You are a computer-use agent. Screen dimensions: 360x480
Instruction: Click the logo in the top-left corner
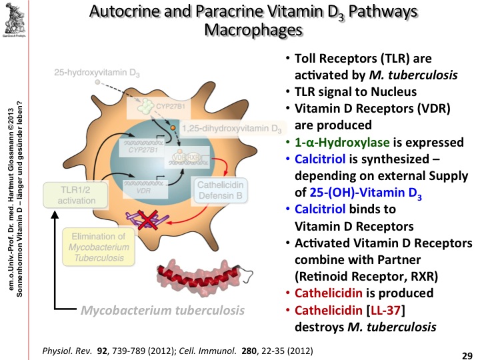[x=17, y=19]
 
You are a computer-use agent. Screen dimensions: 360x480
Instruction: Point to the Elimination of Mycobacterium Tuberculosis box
[x=99, y=247]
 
